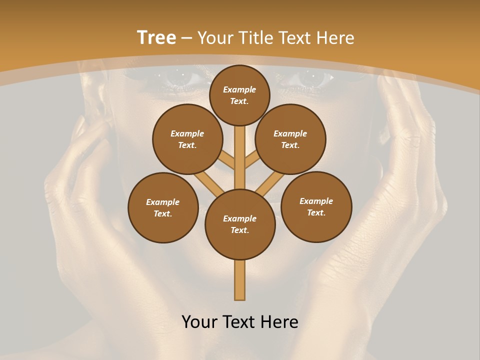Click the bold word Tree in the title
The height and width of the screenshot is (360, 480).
156,38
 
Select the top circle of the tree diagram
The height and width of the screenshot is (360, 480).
239,95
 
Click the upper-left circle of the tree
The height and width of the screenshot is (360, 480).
187,139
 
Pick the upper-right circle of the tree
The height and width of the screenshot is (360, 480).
290,139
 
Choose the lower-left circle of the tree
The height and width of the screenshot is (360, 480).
163,207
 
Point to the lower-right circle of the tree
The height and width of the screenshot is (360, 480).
316,206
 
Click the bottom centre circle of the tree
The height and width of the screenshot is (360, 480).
240,224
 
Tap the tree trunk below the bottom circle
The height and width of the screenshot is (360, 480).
240,280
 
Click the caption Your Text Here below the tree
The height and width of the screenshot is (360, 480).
240,322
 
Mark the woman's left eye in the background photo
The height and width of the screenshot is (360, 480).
311,77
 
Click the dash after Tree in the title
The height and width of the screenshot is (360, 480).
186,38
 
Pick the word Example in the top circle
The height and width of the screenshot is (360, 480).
239,89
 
